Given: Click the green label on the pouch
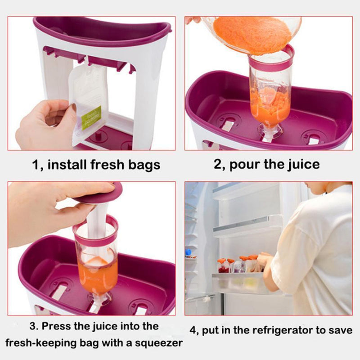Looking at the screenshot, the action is coord(91,118).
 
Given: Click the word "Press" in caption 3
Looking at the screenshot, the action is coord(56,326).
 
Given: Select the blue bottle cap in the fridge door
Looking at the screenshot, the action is coord(188,252).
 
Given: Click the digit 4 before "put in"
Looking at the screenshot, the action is coord(193,331).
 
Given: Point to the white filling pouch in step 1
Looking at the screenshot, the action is coord(88,103).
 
